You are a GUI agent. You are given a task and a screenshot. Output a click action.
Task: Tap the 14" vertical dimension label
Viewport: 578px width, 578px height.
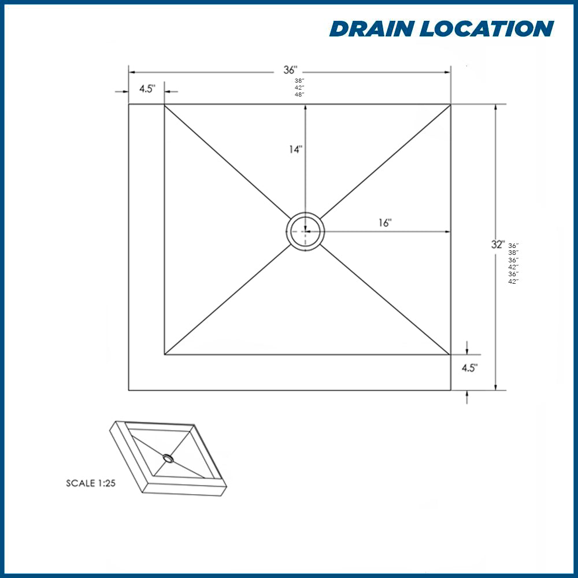click(x=296, y=149)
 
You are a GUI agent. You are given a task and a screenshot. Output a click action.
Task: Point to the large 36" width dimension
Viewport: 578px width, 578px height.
click(x=290, y=70)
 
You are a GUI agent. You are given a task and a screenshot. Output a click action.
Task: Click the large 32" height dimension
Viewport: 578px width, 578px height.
click(x=498, y=244)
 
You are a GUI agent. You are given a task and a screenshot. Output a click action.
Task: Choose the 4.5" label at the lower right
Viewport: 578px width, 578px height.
click(x=469, y=368)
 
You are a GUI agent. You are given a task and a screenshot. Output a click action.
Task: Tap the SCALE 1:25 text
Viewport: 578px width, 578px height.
click(x=91, y=483)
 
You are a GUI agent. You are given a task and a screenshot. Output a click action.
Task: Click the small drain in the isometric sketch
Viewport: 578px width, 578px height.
click(x=168, y=458)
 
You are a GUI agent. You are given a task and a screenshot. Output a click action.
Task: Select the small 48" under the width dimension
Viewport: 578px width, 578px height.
click(x=299, y=94)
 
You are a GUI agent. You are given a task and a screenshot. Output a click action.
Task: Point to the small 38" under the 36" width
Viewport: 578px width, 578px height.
click(x=299, y=80)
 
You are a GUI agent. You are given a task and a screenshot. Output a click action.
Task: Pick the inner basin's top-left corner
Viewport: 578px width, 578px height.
click(x=165, y=105)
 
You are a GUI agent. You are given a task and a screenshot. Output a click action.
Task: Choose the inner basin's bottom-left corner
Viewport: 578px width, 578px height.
click(x=165, y=354)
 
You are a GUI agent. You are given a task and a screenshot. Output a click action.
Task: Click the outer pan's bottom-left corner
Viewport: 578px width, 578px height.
click(x=129, y=390)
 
